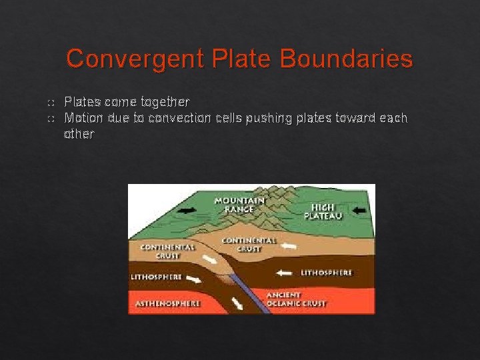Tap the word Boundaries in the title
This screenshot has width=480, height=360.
pyautogui.click(x=346, y=59)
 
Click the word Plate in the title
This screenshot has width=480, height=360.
pyautogui.click(x=243, y=59)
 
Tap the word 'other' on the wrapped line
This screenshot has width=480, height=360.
pyautogui.click(x=79, y=134)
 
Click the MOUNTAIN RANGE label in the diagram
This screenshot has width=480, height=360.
pyautogui.click(x=239, y=205)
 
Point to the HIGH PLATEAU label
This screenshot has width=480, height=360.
pyautogui.click(x=323, y=211)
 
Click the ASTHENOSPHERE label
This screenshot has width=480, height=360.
pyautogui.click(x=167, y=303)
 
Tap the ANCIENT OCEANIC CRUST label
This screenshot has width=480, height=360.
pyautogui.click(x=296, y=299)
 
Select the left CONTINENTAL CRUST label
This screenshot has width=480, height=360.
pyautogui.click(x=167, y=251)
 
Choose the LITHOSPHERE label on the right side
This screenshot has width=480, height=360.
pyautogui.click(x=326, y=273)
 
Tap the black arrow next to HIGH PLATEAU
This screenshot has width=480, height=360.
pyautogui.click(x=359, y=210)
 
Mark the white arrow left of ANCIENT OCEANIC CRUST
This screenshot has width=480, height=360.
pyautogui.click(x=237, y=303)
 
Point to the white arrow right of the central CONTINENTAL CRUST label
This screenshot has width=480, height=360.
pyautogui.click(x=289, y=246)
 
